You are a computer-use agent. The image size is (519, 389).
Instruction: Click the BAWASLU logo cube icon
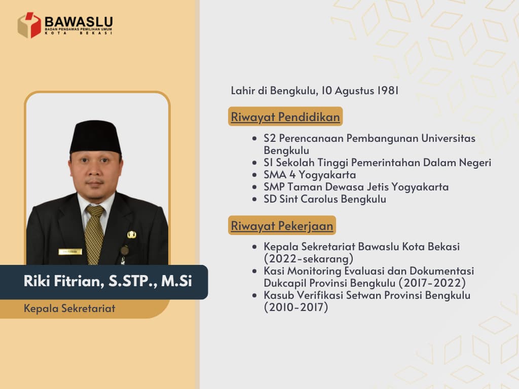click(29, 25)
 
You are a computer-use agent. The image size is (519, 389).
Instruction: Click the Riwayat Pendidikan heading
click(285, 116)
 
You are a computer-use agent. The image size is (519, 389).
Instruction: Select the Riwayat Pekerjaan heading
click(282, 225)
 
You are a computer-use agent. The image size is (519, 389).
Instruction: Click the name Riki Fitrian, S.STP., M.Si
click(108, 282)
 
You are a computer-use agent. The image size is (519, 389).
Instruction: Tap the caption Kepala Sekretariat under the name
click(69, 308)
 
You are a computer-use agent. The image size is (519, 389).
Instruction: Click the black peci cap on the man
click(95, 136)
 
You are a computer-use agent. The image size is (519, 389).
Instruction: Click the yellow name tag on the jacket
click(70, 252)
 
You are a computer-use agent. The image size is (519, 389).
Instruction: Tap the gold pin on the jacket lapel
click(132, 235)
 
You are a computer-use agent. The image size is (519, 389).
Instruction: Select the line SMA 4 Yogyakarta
click(310, 175)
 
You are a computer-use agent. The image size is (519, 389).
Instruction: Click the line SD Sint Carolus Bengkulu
click(325, 199)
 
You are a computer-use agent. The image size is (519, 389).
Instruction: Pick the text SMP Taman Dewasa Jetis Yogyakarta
click(356, 187)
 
